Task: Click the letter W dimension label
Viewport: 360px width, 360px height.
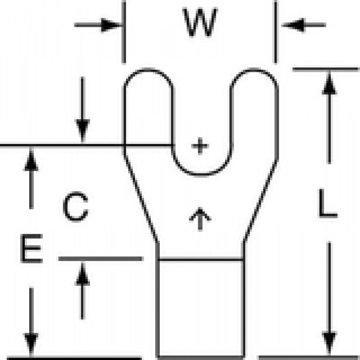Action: pyautogui.click(x=200, y=22)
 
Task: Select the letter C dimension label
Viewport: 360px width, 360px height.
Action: pyautogui.click(x=75, y=207)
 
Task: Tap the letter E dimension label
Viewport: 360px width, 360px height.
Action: pyautogui.click(x=32, y=248)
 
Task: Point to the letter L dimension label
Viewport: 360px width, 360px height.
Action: pyautogui.click(x=328, y=203)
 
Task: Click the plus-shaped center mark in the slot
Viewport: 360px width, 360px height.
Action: pyautogui.click(x=200, y=146)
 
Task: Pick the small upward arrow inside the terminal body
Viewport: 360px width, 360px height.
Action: pyautogui.click(x=200, y=219)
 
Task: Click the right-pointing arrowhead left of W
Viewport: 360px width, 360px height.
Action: pyautogui.click(x=111, y=25)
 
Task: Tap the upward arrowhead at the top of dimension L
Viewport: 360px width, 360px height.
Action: pyautogui.click(x=330, y=83)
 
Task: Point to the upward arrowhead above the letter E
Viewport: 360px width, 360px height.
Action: pyautogui.click(x=31, y=160)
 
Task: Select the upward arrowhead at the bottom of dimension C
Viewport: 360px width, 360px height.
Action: pyautogui.click(x=82, y=274)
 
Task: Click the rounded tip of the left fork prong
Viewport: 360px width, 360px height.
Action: pyautogui.click(x=148, y=70)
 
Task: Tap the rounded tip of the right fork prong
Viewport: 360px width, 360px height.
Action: pyautogui.click(x=254, y=70)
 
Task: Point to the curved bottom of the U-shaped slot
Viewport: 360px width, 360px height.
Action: pyautogui.click(x=200, y=174)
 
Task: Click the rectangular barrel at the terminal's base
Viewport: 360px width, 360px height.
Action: pyautogui.click(x=201, y=309)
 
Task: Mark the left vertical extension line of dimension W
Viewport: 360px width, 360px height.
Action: pyautogui.click(x=124, y=32)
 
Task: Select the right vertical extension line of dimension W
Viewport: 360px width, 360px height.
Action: pyautogui.click(x=276, y=32)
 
